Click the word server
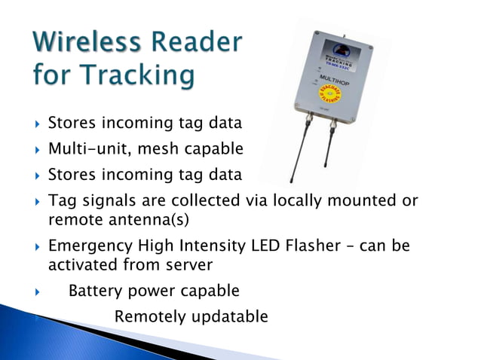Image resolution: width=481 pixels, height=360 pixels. tap(185, 264)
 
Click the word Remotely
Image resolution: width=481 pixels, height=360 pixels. tap(148, 316)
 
